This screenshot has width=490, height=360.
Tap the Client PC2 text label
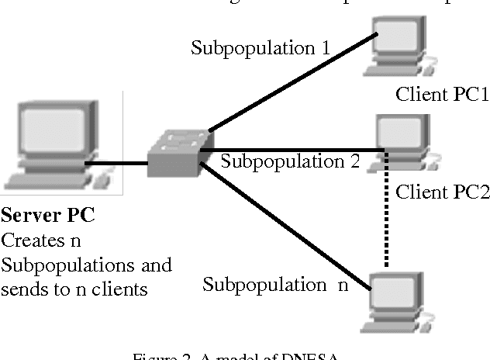443,192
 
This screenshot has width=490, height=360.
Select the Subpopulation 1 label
261,48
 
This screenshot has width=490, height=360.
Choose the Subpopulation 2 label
291,161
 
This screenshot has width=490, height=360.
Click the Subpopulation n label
275,284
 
